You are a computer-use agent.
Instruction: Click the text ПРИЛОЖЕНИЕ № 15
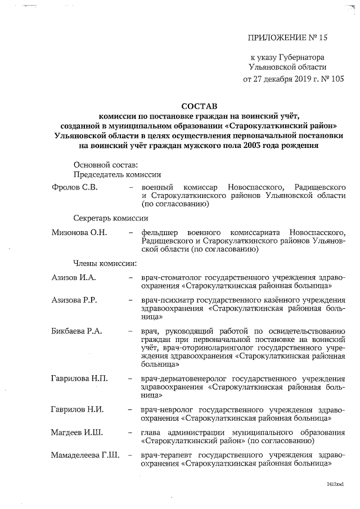[x=287, y=38]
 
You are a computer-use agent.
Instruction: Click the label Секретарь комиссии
[x=110, y=218]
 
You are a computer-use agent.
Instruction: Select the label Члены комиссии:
[x=105, y=263]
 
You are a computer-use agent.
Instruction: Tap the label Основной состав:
[x=105, y=165]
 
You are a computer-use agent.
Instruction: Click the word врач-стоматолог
[x=172, y=277]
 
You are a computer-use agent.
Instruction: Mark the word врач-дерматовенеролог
[x=182, y=377]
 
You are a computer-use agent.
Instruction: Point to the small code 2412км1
[x=335, y=484]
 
